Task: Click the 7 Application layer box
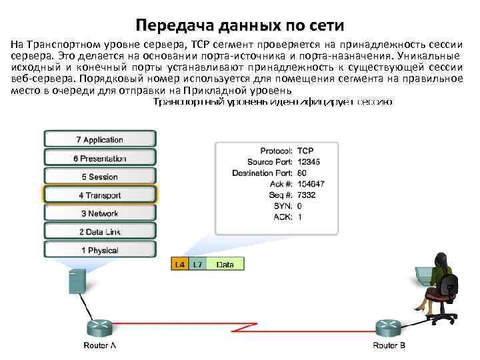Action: [x=100, y=139]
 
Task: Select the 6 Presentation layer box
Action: [x=100, y=158]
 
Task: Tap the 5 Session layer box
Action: [x=100, y=177]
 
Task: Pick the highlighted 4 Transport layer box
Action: [x=100, y=195]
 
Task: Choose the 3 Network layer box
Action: [x=100, y=213]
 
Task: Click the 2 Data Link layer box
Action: [x=100, y=232]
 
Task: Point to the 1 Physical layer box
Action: [x=100, y=251]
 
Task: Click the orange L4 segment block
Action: [x=180, y=264]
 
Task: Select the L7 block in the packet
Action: [x=197, y=264]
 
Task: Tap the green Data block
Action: [x=225, y=264]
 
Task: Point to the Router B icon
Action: [x=389, y=327]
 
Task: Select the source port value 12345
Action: [x=310, y=162]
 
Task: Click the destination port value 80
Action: [x=302, y=173]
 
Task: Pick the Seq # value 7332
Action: [x=307, y=195]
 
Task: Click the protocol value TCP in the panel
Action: [x=306, y=151]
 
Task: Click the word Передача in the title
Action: [x=168, y=26]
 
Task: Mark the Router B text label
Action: [x=389, y=345]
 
